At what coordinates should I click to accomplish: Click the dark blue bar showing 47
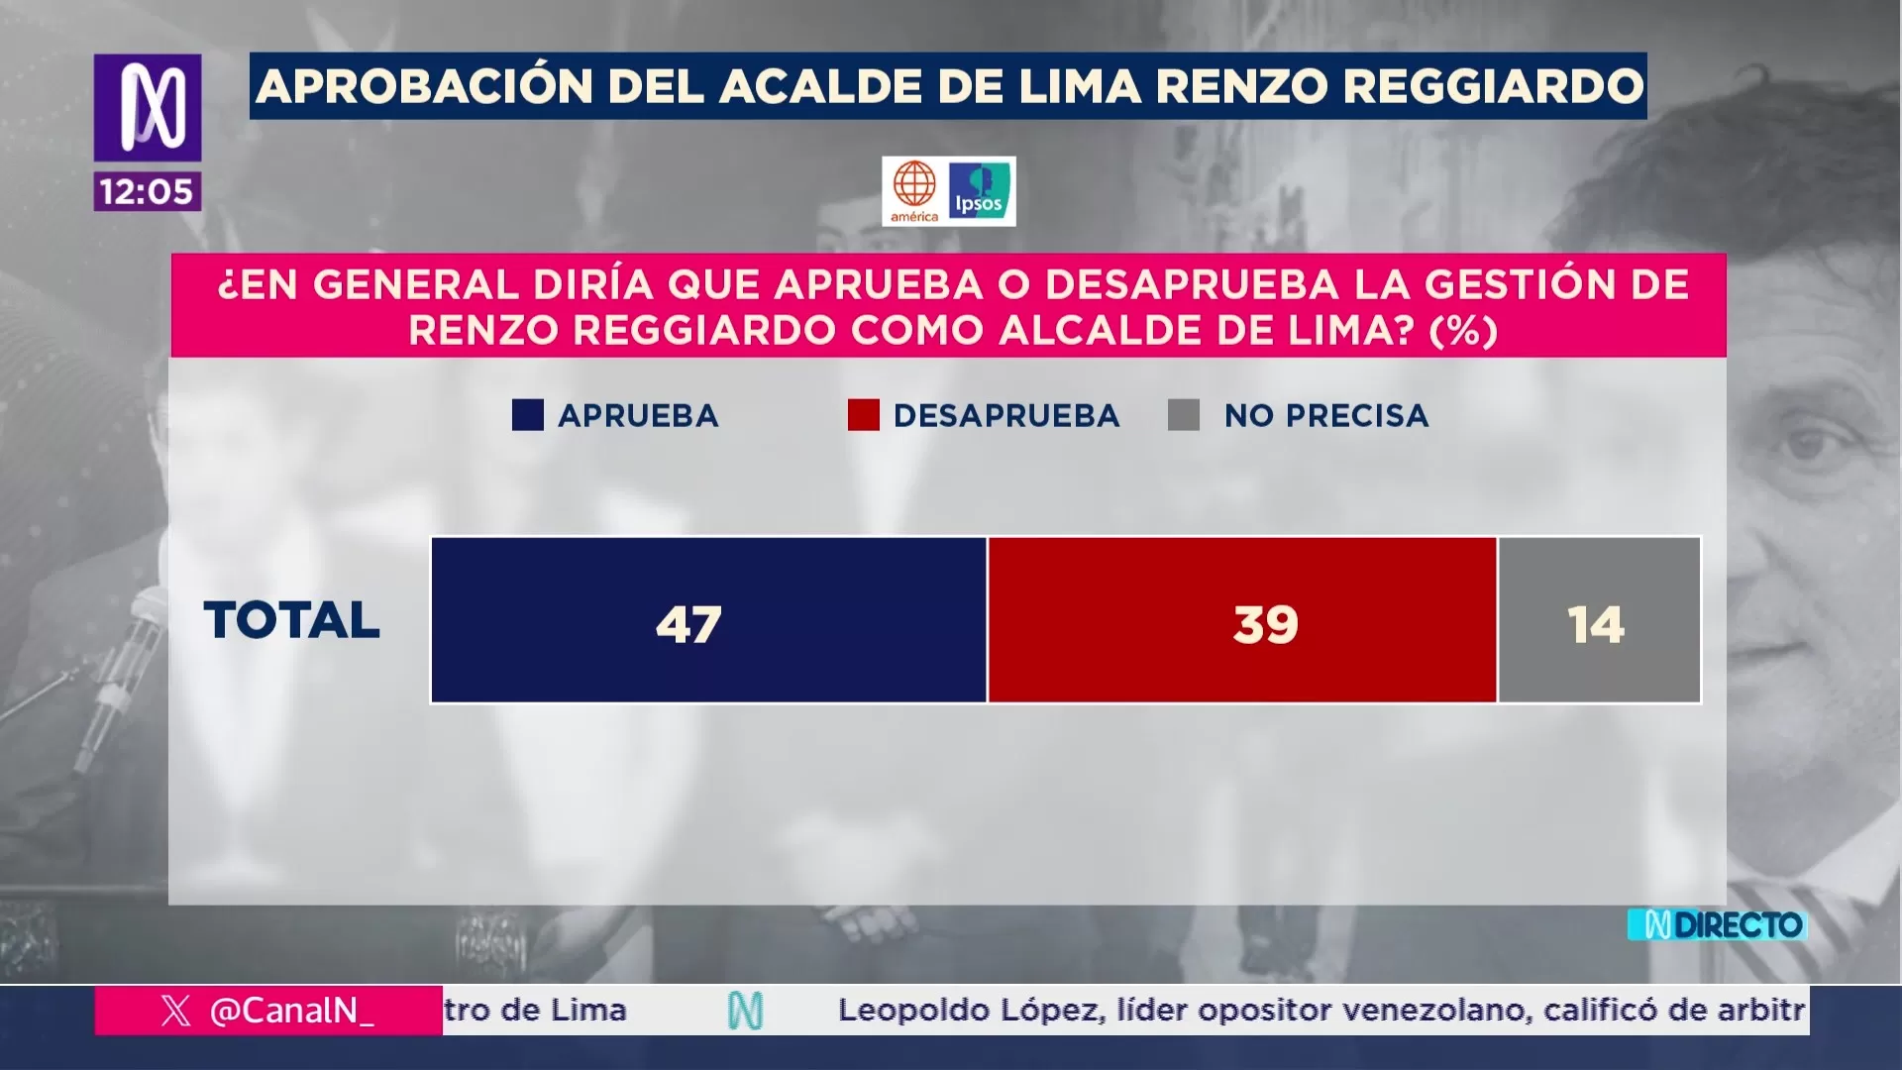click(x=708, y=620)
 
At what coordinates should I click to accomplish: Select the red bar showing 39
click(x=1242, y=620)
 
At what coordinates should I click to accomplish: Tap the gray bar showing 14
click(x=1599, y=620)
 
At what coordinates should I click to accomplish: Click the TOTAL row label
click(x=291, y=620)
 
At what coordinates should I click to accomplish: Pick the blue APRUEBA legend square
click(x=528, y=415)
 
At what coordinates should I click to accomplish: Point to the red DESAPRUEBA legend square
click(x=863, y=415)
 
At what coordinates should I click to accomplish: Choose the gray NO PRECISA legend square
click(x=1184, y=415)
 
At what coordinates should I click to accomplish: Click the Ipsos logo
click(x=979, y=191)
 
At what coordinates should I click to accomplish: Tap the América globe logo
click(x=914, y=190)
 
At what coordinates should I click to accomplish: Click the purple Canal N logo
click(x=148, y=107)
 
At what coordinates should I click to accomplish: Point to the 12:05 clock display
click(x=147, y=191)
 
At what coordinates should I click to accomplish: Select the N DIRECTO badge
click(x=1718, y=925)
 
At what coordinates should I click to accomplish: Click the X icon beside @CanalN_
click(x=175, y=1011)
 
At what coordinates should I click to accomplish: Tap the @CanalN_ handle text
click(x=292, y=1011)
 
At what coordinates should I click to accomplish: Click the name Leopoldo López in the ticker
click(x=970, y=1011)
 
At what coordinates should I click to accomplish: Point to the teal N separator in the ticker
click(x=745, y=1011)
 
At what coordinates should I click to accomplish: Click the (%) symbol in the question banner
click(x=1463, y=331)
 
